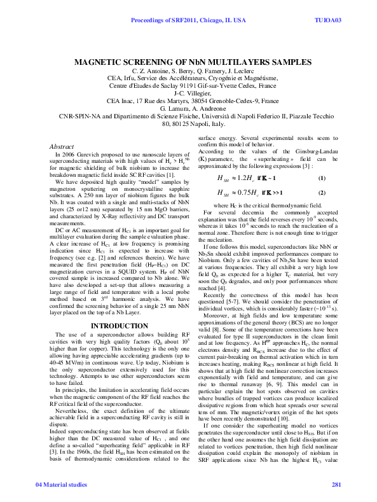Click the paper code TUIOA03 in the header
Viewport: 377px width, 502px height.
(x=328, y=20)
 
